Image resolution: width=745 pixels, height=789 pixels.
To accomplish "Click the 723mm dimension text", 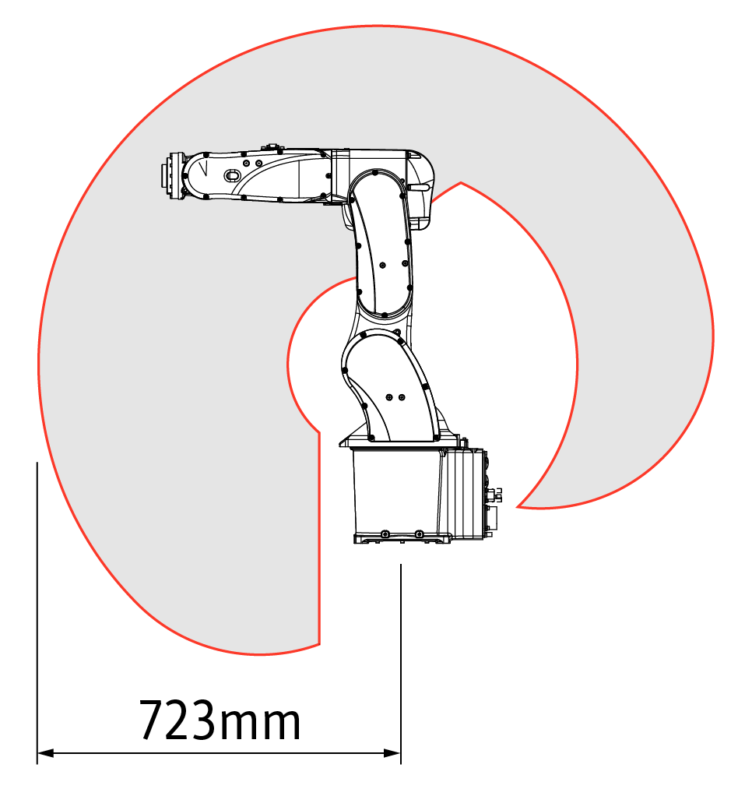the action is [220, 720].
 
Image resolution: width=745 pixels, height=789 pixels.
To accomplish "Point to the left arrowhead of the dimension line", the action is [45, 753].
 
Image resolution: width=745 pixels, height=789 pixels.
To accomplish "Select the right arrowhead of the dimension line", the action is [392, 753].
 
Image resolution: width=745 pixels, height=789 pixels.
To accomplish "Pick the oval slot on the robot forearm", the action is [231, 175].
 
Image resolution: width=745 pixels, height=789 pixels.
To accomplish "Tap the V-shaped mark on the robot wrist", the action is [203, 167].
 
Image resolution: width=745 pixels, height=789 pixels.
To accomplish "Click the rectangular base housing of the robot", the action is [397, 493].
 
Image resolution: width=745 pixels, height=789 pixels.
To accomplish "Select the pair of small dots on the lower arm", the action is [395, 397].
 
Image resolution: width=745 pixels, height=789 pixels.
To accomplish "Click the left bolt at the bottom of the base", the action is [385, 534].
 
